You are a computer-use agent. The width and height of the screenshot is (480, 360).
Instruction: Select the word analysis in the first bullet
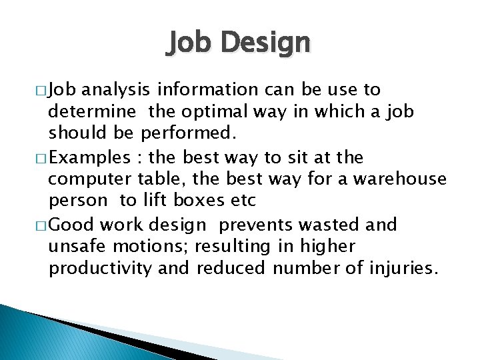coord(118,89)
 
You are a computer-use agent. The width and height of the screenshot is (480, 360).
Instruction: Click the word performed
coord(189,133)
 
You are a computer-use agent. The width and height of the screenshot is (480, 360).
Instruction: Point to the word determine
coord(94,111)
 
